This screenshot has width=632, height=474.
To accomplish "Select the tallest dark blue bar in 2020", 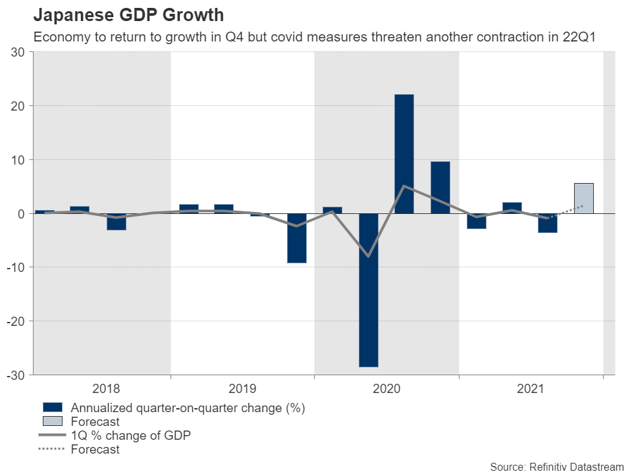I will [404, 154].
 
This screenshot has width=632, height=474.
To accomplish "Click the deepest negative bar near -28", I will [368, 290].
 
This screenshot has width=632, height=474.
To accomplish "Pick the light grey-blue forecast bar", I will [583, 198].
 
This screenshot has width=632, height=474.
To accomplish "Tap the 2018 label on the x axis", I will [107, 389].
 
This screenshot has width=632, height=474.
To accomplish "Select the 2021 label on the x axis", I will [530, 389].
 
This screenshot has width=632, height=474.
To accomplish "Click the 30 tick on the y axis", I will [18, 52].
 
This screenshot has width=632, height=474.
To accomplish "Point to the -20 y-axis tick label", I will [16, 321].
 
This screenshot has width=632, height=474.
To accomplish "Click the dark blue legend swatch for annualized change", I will [52, 408].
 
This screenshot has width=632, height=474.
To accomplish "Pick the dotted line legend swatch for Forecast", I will [52, 450].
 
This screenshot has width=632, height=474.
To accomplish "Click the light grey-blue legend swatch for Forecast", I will [52, 422].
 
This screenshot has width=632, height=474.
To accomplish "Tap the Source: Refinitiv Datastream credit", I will [556, 466].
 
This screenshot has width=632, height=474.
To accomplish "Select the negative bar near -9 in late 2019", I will [296, 238].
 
